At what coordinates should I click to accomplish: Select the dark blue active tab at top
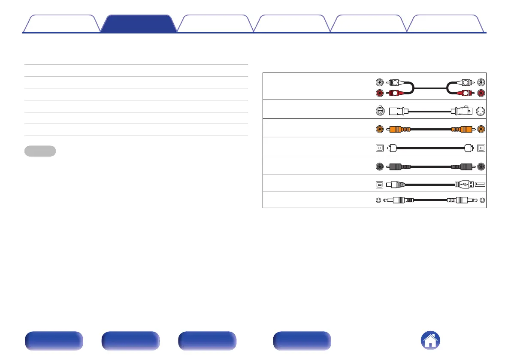(139, 24)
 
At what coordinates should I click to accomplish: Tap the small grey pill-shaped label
(40, 151)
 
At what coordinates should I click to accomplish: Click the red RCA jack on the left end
(379, 93)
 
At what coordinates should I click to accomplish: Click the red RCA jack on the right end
(481, 93)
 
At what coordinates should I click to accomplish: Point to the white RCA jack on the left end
(379, 82)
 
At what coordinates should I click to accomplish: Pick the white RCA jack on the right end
(481, 82)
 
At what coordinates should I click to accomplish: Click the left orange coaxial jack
(379, 128)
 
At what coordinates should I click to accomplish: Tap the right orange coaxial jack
(481, 128)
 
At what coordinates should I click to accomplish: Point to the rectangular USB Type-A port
(481, 185)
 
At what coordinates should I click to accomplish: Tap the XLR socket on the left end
(379, 112)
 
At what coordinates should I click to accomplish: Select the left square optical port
(379, 148)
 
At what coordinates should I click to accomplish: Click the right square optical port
(481, 148)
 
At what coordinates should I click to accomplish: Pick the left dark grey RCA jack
(379, 166)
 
